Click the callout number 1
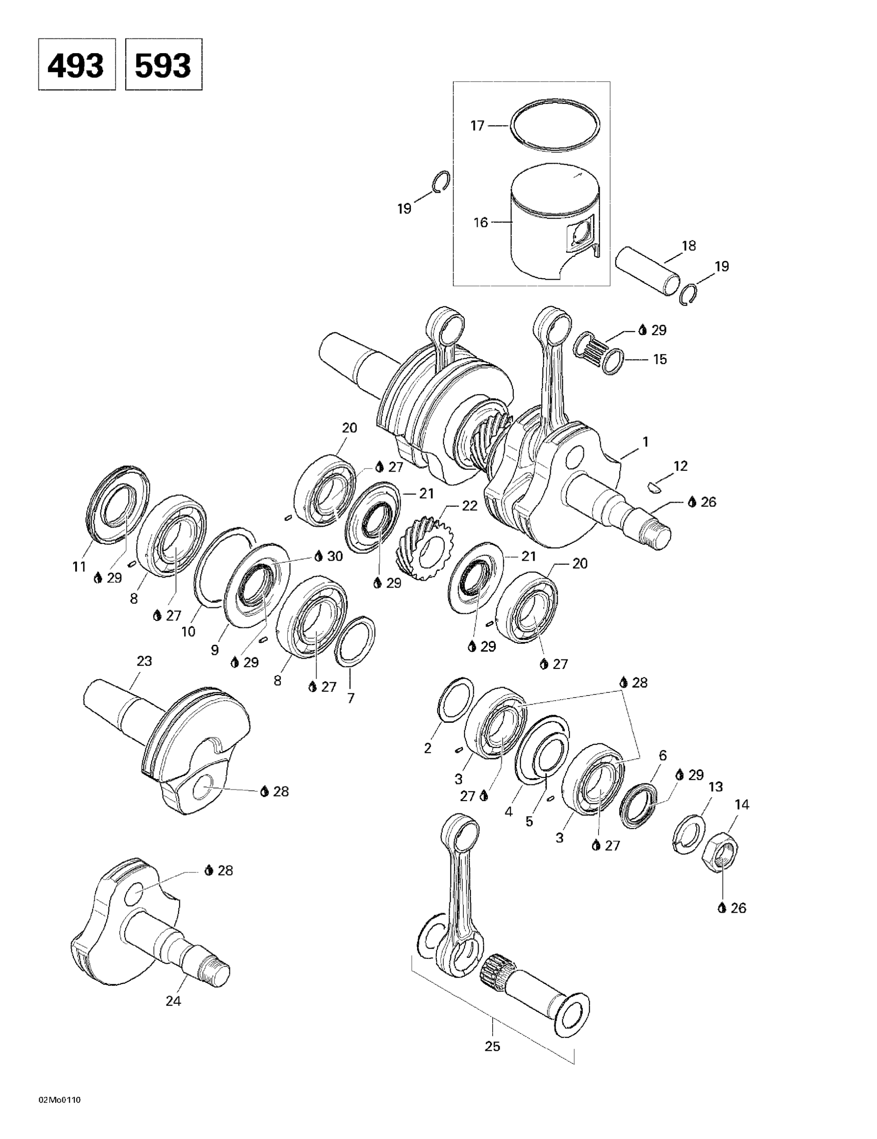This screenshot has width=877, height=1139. point(646,442)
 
